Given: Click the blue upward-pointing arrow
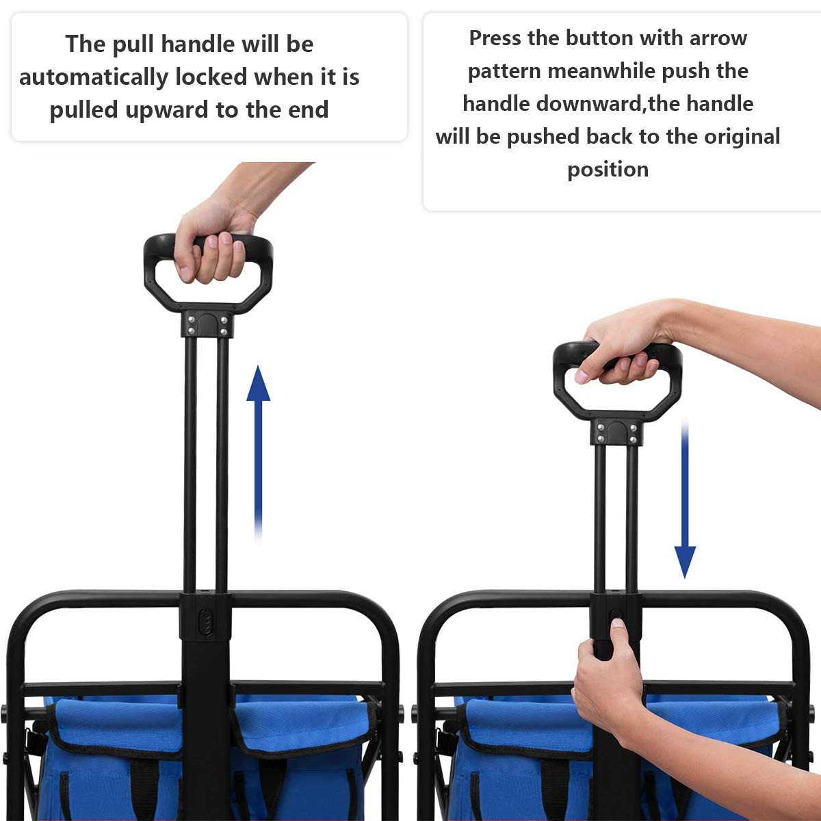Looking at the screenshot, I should (258, 452).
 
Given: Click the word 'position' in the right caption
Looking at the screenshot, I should (608, 169).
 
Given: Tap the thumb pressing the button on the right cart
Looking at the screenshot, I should (618, 626).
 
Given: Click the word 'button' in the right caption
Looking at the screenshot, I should (599, 38).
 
